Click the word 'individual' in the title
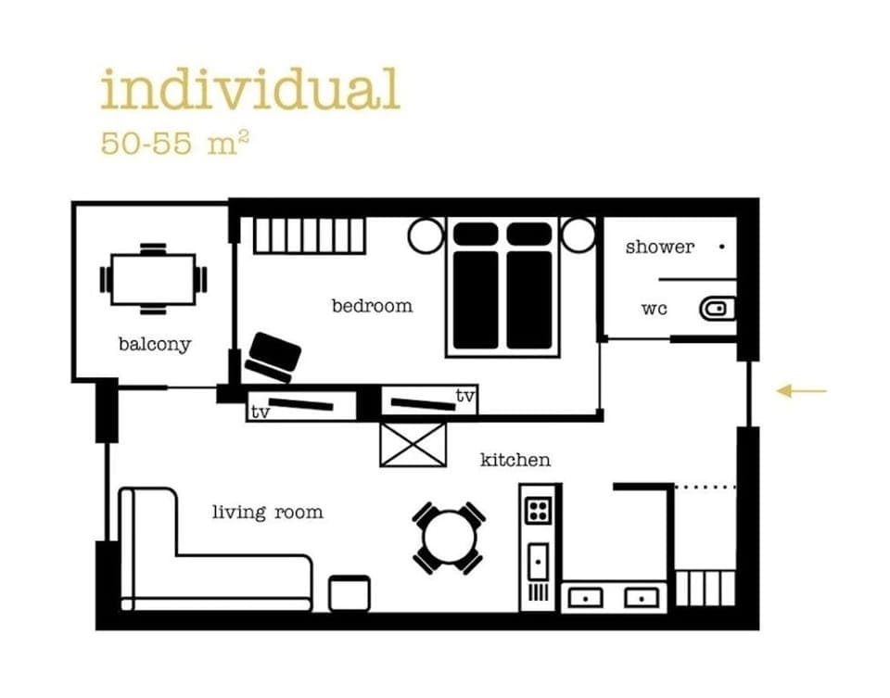[250, 91]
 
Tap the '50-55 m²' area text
[174, 145]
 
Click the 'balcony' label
[154, 345]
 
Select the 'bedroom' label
[372, 305]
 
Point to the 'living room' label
[267, 512]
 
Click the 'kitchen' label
[515, 460]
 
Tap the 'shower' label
[659, 247]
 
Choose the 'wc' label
[654, 309]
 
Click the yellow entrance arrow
[801, 391]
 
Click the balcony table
[153, 279]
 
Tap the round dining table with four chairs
[449, 538]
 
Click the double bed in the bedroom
[503, 287]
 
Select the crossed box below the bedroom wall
[413, 445]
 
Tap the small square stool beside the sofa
[350, 593]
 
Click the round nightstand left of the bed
[426, 235]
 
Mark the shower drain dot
[721, 247]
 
